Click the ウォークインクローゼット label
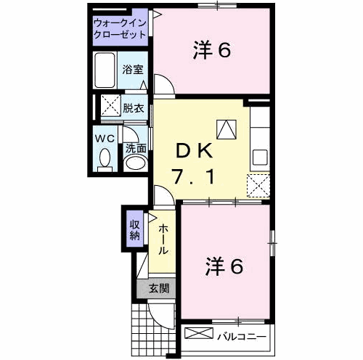(x=120, y=29)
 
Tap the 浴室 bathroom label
(x=133, y=70)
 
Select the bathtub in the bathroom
(x=105, y=70)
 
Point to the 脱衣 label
(x=134, y=108)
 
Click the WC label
(x=105, y=139)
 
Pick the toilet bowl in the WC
(x=105, y=157)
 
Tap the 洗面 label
(x=136, y=148)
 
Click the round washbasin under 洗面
(x=136, y=163)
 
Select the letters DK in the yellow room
(x=194, y=150)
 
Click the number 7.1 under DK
(x=193, y=176)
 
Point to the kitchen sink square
(x=260, y=157)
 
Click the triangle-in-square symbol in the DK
(x=227, y=129)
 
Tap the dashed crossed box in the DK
(x=258, y=186)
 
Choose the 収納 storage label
(x=135, y=229)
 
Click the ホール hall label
(x=163, y=240)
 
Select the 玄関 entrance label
(x=159, y=288)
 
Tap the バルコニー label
(x=242, y=337)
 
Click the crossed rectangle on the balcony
(x=199, y=333)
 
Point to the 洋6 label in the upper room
(x=212, y=51)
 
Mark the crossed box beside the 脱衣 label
(x=110, y=105)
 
